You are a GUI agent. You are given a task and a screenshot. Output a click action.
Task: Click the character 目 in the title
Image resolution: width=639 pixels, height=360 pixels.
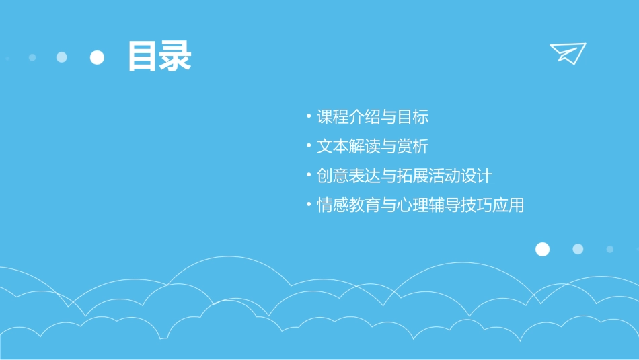pyautogui.click(x=143, y=57)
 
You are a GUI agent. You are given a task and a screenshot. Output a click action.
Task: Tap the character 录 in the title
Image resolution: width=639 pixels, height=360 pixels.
pyautogui.click(x=176, y=57)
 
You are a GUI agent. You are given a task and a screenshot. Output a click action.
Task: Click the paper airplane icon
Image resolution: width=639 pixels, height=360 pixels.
pyautogui.click(x=568, y=52)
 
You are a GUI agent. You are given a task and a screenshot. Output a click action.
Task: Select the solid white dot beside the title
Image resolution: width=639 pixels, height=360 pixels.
pyautogui.click(x=98, y=57)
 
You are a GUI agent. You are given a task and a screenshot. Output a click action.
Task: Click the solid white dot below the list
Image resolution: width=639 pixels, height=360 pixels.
pyautogui.click(x=542, y=249)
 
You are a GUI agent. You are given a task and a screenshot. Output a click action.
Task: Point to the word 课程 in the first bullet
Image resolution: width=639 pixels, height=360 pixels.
pyautogui.click(x=334, y=117)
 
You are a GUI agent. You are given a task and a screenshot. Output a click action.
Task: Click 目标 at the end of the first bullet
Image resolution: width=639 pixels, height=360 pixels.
pyautogui.click(x=412, y=117)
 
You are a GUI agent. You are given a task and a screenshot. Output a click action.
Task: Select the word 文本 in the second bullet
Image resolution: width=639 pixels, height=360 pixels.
pyautogui.click(x=334, y=147)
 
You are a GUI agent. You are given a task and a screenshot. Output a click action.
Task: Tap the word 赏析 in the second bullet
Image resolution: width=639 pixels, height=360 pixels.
pyautogui.click(x=412, y=147)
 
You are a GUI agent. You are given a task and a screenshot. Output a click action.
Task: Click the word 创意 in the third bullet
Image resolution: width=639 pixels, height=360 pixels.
pyautogui.click(x=334, y=176)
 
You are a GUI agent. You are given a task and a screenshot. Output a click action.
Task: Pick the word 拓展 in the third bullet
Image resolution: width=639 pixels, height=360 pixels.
pyautogui.click(x=412, y=176)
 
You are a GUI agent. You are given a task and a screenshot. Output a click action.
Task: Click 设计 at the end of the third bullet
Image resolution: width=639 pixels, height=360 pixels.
pyautogui.click(x=477, y=176)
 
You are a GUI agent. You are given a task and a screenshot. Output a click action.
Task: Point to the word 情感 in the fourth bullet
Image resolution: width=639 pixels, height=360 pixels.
pyautogui.click(x=334, y=206)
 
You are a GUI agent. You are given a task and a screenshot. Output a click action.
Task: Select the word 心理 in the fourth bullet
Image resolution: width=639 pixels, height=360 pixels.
pyautogui.click(x=412, y=206)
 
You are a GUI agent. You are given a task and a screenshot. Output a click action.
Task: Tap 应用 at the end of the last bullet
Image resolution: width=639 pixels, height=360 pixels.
pyautogui.click(x=508, y=206)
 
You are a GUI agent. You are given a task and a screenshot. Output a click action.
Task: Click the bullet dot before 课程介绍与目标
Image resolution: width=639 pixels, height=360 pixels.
pyautogui.click(x=307, y=116)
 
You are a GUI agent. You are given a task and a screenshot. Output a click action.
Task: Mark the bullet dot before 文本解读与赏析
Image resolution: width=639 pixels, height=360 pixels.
pyautogui.click(x=307, y=145)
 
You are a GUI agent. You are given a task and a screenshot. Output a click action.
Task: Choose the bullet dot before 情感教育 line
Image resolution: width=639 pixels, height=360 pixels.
pyautogui.click(x=307, y=205)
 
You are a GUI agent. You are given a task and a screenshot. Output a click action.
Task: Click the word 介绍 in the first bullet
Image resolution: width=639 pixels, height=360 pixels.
pyautogui.click(x=365, y=117)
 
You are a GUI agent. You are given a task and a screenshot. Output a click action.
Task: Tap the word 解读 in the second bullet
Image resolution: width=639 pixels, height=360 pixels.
pyautogui.click(x=365, y=147)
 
